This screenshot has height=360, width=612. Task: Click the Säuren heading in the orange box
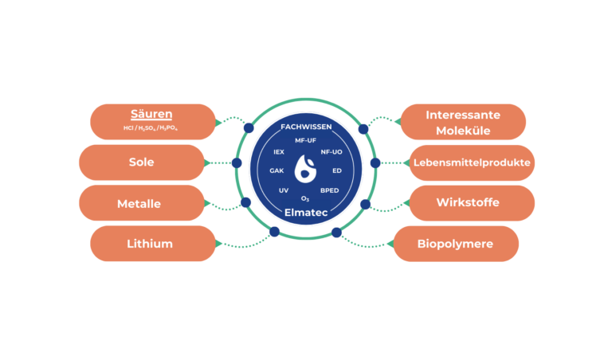click(x=151, y=115)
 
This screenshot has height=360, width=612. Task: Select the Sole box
click(x=141, y=162)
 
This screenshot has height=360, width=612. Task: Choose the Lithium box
click(x=151, y=244)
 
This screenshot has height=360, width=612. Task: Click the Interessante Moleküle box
click(x=462, y=122)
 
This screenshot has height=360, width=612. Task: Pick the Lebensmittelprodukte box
click(x=470, y=162)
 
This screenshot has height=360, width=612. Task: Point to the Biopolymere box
click(x=456, y=244)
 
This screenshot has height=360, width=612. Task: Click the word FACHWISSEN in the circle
click(x=306, y=127)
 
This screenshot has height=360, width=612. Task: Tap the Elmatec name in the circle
click(x=306, y=212)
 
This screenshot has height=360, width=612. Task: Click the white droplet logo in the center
click(x=306, y=169)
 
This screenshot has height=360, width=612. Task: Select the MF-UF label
click(x=306, y=140)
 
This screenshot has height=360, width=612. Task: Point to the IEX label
click(x=279, y=151)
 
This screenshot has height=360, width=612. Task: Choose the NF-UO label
click(x=331, y=151)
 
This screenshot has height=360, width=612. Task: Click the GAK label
click(x=277, y=170)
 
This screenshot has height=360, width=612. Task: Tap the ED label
click(x=337, y=170)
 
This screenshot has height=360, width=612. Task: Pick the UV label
click(x=283, y=190)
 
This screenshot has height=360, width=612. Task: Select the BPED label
click(x=329, y=190)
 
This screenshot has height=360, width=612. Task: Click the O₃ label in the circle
click(x=305, y=198)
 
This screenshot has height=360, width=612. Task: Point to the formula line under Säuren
click(x=151, y=128)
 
